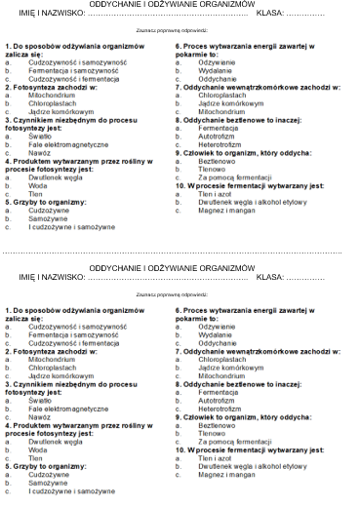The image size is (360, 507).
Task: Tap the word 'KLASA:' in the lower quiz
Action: [x=270, y=278]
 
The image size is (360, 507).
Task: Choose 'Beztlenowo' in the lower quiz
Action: [x=218, y=425]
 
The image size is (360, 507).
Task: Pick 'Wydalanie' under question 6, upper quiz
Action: [x=216, y=72]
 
